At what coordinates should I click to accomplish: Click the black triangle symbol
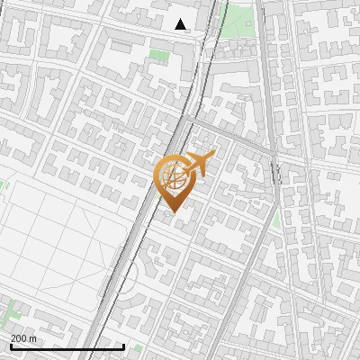click(x=181, y=24)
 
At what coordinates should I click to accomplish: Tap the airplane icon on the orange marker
click(x=201, y=163)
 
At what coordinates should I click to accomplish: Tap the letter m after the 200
click(x=33, y=338)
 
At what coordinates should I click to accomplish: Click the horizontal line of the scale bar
click(x=67, y=346)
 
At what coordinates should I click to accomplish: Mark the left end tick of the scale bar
click(x=10, y=345)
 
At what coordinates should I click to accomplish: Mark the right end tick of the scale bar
click(x=123, y=345)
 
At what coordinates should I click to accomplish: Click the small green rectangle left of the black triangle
click(x=159, y=56)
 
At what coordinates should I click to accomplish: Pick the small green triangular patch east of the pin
click(x=276, y=219)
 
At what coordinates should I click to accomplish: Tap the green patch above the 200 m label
click(x=11, y=315)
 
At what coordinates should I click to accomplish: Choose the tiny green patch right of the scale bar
click(x=138, y=347)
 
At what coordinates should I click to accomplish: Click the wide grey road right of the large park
click(x=266, y=54)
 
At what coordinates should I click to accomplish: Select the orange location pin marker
click(x=173, y=180)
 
